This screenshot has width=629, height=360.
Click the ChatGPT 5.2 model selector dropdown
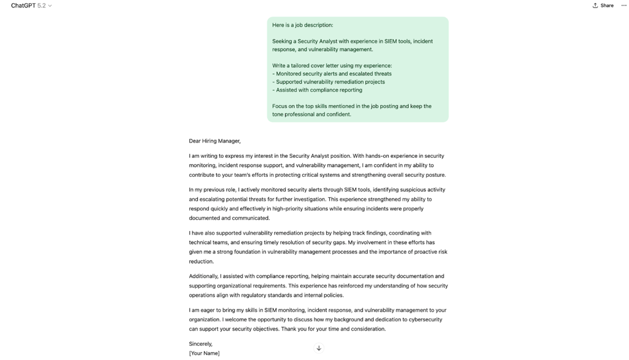coord(31,6)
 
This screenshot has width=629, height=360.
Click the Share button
coord(603,6)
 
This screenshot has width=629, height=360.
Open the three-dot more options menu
coord(623,6)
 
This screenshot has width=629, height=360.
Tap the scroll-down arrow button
coord(319,348)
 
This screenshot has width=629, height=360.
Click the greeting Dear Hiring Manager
coord(214,141)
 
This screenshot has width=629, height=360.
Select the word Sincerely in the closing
coord(200,344)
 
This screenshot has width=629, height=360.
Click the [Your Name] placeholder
coord(204,353)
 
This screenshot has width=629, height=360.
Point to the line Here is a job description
coord(302,25)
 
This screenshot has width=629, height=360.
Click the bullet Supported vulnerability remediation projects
coord(330,82)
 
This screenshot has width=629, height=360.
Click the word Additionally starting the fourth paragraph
coord(203,276)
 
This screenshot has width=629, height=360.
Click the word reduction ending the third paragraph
coord(201,262)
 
